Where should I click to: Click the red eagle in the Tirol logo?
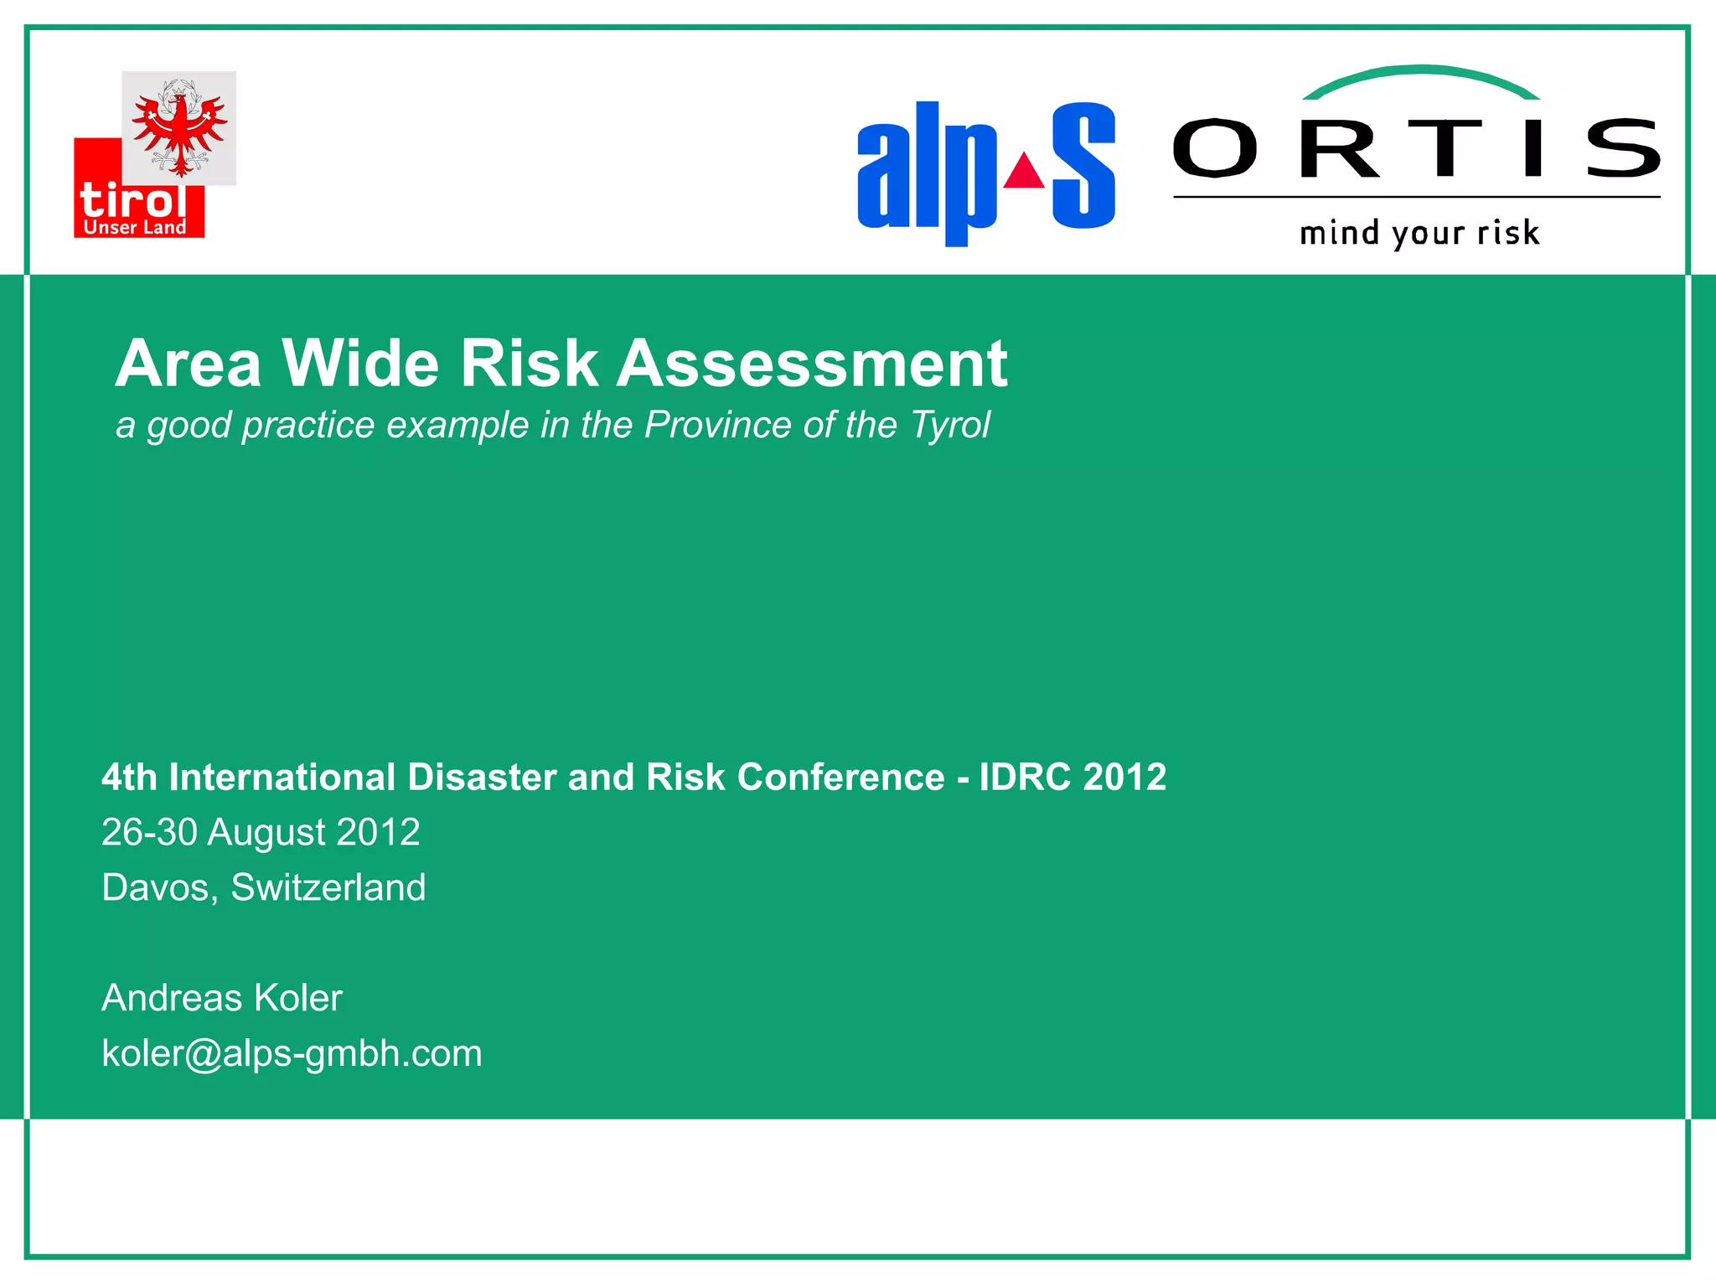(179, 130)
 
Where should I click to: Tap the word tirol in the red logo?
(132, 201)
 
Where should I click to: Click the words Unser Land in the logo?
(135, 227)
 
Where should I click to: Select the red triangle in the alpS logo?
(1024, 172)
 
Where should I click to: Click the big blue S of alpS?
(1083, 165)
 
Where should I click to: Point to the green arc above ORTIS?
(1420, 75)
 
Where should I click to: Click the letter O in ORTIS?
(1215, 148)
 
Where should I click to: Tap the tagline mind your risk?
(1419, 233)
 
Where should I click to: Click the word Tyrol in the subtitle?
(949, 425)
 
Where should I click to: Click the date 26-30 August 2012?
(261, 832)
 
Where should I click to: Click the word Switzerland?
(328, 887)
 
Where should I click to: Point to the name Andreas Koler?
(222, 998)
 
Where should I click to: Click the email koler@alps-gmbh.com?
(292, 1053)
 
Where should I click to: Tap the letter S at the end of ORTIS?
(1623, 148)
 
